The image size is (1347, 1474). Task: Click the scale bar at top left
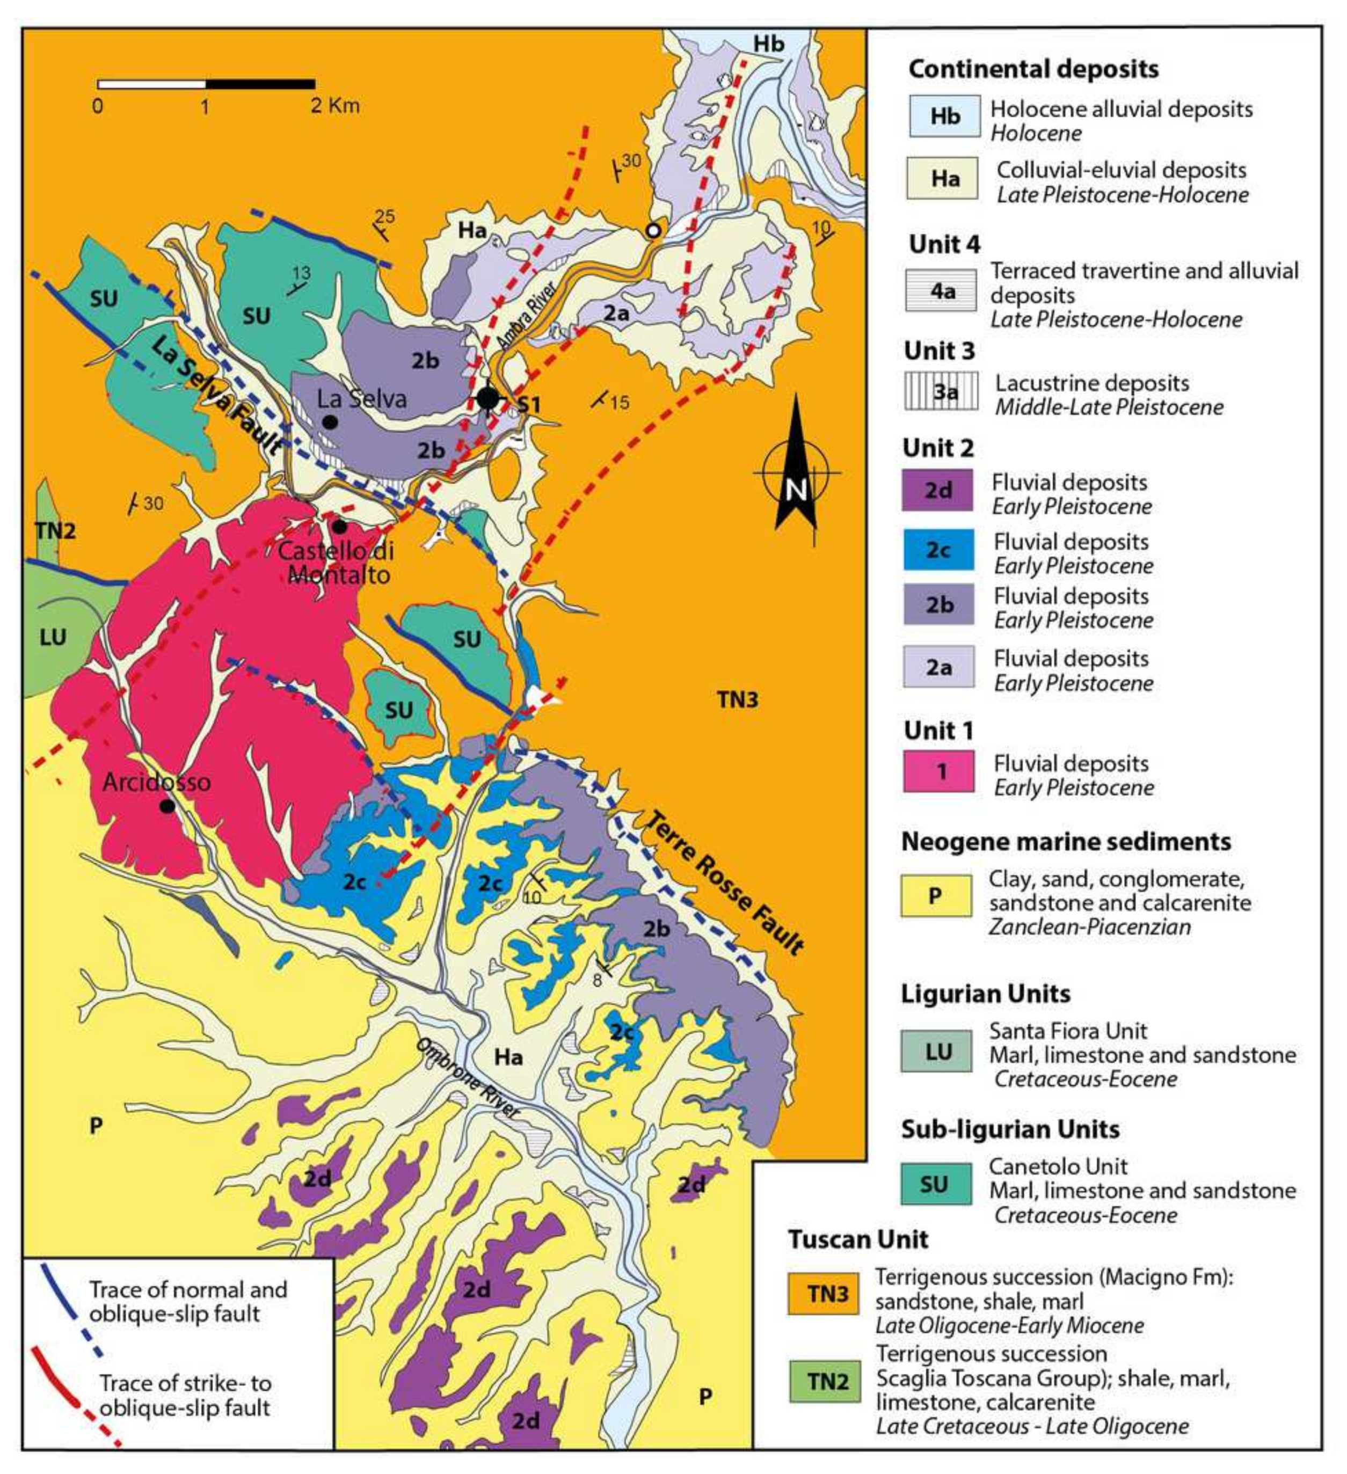click(x=206, y=84)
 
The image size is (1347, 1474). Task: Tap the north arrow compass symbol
click(x=796, y=472)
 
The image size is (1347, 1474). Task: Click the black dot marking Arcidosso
click(x=168, y=806)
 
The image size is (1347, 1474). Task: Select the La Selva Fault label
click(x=217, y=396)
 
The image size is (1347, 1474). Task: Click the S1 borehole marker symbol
click(x=488, y=399)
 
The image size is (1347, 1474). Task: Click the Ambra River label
click(x=526, y=315)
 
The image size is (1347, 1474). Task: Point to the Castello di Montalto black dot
click(x=339, y=526)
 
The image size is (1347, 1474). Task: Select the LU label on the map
click(x=53, y=638)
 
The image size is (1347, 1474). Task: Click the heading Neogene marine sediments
click(x=1066, y=842)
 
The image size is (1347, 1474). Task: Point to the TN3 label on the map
click(x=737, y=700)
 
